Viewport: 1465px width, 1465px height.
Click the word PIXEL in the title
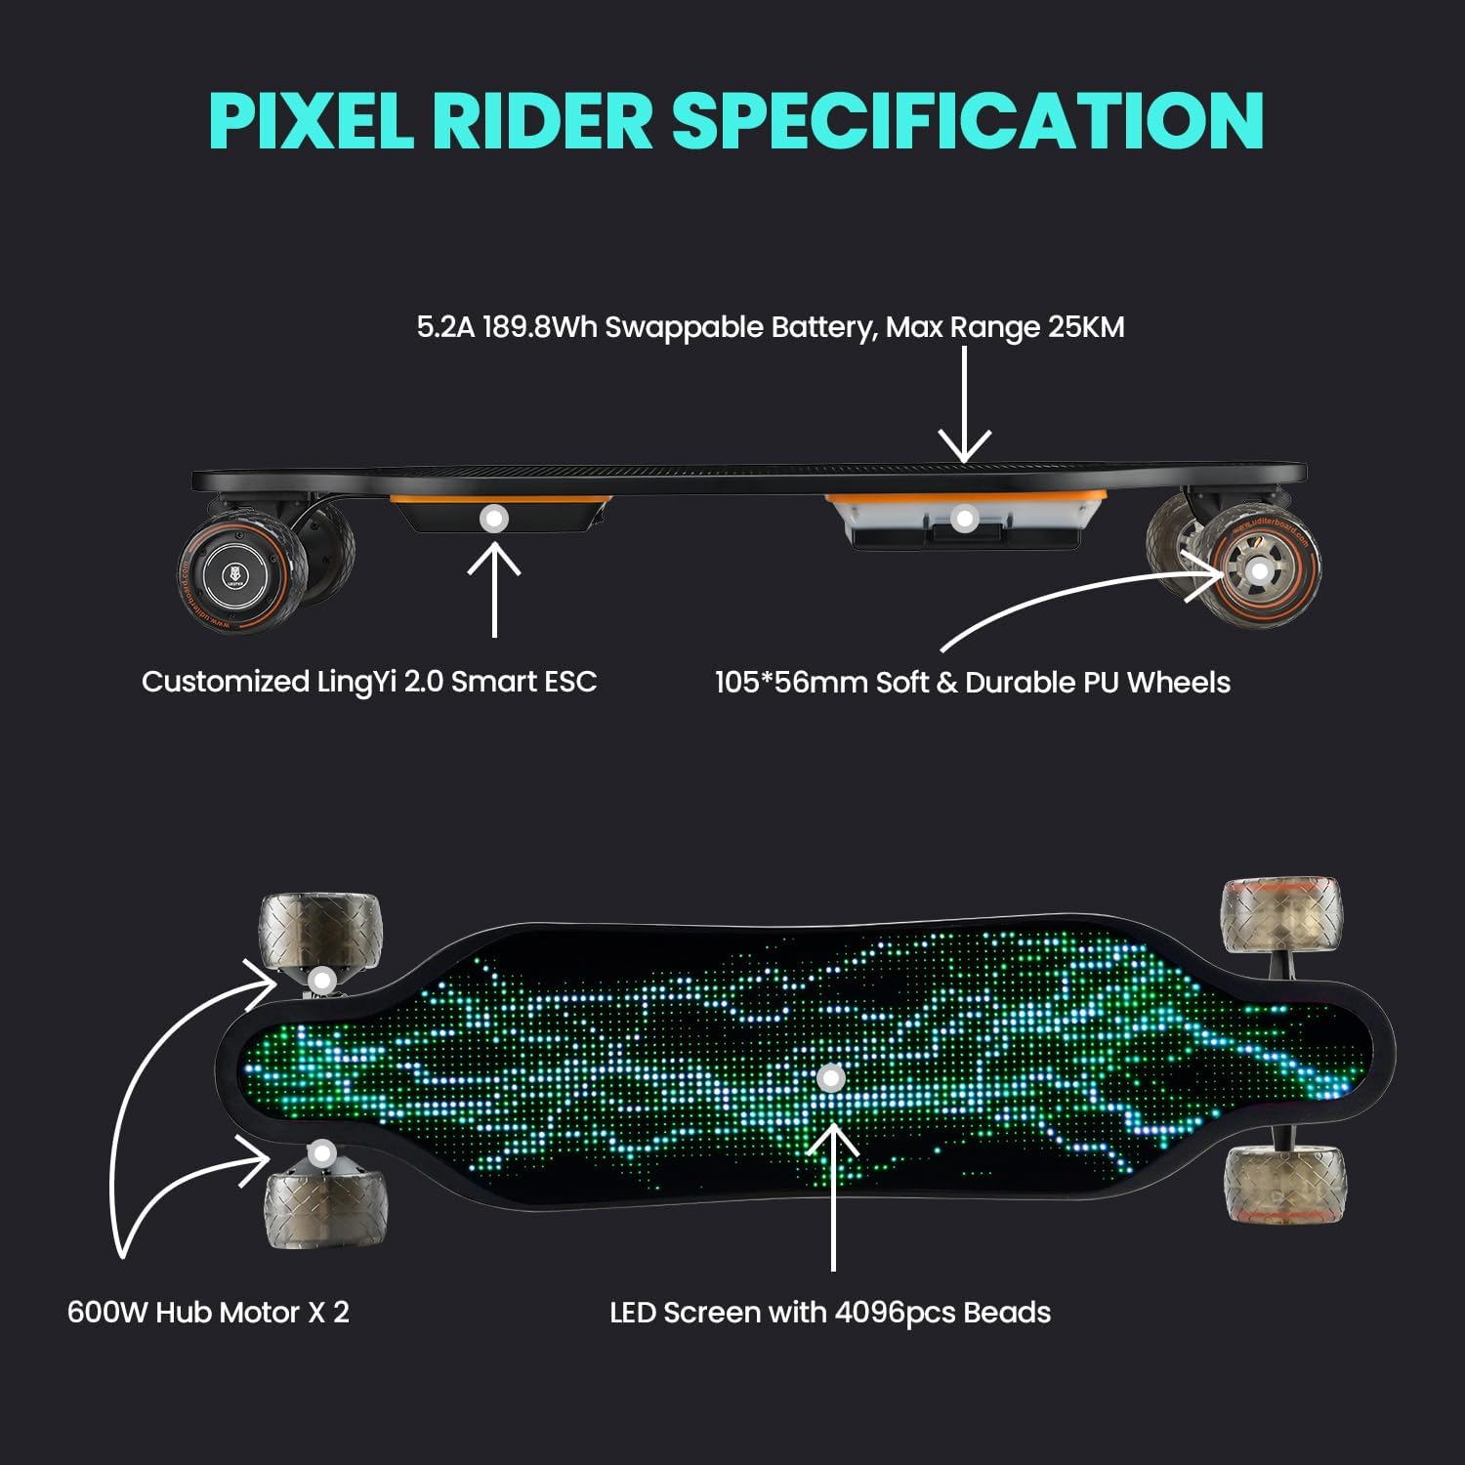click(311, 121)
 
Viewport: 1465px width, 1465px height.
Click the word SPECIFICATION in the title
click(968, 121)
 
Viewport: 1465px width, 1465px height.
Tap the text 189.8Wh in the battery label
click(539, 326)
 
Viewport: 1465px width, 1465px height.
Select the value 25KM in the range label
click(1086, 326)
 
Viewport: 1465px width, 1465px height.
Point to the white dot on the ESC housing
click(494, 519)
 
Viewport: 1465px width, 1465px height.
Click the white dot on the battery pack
click(964, 519)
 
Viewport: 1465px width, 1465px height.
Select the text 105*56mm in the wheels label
click(791, 682)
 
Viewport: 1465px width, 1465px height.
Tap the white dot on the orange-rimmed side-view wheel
click(1260, 570)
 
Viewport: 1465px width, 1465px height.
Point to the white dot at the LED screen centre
click(831, 1079)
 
